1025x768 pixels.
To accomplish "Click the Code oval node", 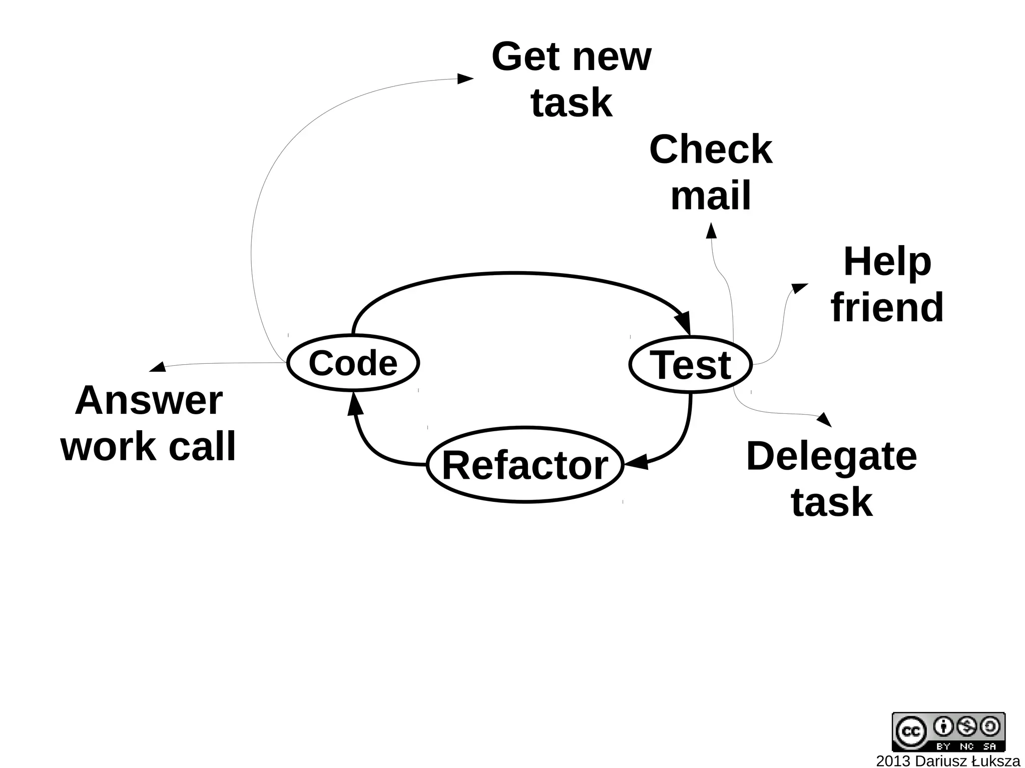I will (x=353, y=363).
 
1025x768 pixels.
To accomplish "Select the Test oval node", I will (x=690, y=365).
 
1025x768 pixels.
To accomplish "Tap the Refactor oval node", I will (x=525, y=465).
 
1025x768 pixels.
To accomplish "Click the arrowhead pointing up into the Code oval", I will (x=355, y=404).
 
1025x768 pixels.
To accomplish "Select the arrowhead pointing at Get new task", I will (x=465, y=79).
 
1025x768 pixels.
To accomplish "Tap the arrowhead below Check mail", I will (x=711, y=231).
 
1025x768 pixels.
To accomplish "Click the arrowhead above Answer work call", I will (x=158, y=367).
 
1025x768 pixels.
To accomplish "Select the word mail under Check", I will (x=711, y=196).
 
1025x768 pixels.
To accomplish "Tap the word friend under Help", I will (x=887, y=307).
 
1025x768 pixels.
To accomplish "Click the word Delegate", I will (x=831, y=456).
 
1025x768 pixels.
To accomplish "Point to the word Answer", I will (x=149, y=400).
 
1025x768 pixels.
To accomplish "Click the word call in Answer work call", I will (x=202, y=446).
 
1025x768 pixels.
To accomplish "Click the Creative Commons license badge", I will (x=948, y=731).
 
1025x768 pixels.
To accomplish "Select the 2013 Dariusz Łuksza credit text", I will (x=947, y=761).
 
